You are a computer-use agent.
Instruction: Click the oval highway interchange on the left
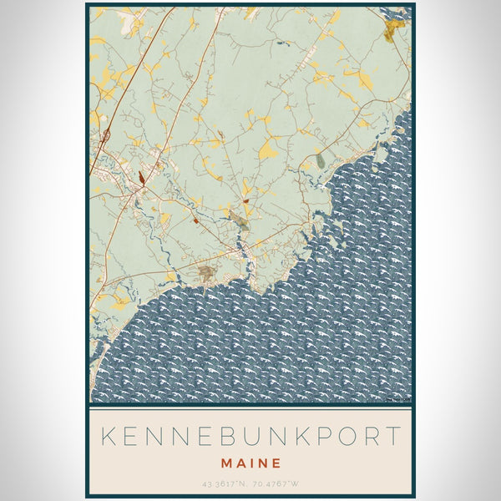point(106,134)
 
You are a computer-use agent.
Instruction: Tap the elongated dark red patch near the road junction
point(143,177)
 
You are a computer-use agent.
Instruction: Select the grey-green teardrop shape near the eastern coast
point(320,159)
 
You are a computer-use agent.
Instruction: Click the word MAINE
point(250,462)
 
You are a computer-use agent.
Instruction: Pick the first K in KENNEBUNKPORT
point(107,436)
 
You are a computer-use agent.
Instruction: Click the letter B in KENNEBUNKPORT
point(227,436)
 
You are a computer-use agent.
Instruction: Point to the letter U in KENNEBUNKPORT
point(254,436)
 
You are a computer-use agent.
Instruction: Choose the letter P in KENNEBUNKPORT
point(311,436)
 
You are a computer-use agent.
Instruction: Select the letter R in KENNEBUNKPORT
point(366,436)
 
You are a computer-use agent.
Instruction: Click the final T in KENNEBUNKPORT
point(392,436)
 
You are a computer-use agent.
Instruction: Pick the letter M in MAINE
point(225,462)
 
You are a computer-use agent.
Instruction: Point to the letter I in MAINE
point(253,462)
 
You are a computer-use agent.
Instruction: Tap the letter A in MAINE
point(240,462)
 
